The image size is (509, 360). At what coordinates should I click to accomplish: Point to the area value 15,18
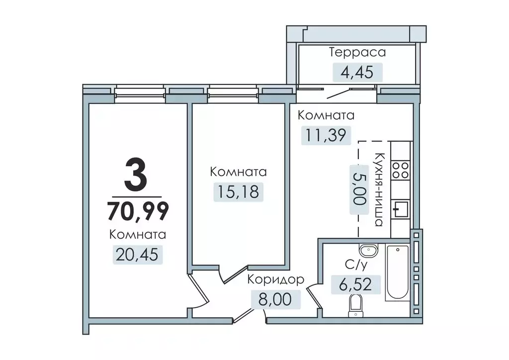coord(238,191)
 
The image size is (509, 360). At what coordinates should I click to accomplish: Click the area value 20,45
coord(138,255)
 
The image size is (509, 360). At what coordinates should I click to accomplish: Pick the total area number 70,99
coord(138,211)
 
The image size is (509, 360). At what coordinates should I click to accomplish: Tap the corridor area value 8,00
coord(275,299)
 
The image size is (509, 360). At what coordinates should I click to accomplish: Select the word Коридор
coord(275,280)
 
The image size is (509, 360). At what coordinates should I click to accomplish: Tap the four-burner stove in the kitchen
coord(400,171)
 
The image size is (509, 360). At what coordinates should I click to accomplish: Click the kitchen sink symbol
coord(400,209)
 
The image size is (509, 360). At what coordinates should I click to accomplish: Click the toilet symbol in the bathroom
coord(355,304)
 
